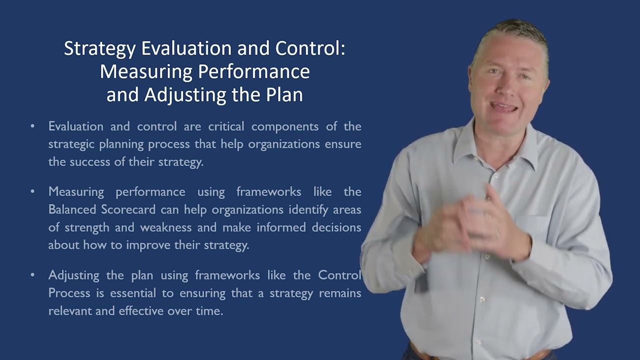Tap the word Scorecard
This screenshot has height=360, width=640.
pyautogui.click(x=127, y=209)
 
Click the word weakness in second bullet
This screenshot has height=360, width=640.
pyautogui.click(x=166, y=227)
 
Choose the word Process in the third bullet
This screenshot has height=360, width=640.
pyautogui.click(x=69, y=293)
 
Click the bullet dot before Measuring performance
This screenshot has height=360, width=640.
pyautogui.click(x=32, y=191)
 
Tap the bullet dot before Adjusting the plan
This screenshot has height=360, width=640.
pyautogui.click(x=32, y=275)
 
